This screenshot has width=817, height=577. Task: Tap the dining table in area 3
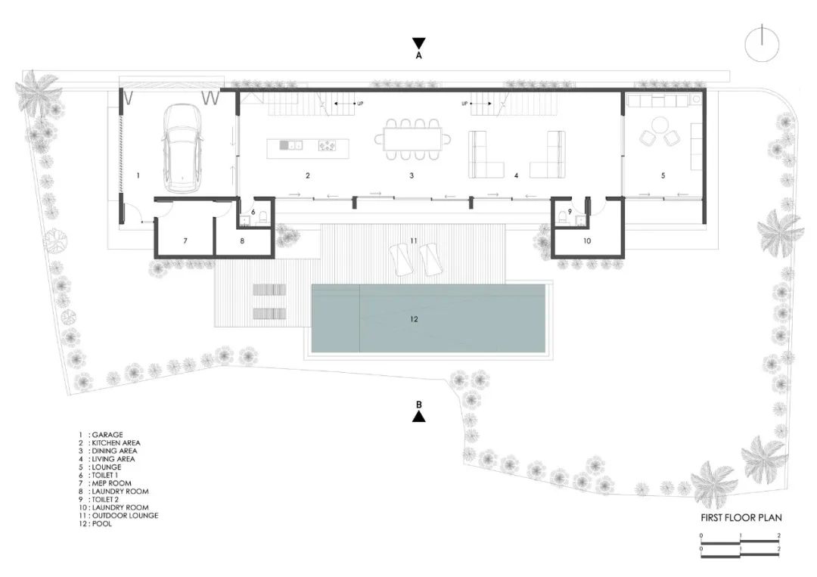tap(412, 138)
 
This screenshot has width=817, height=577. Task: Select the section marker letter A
tap(418, 55)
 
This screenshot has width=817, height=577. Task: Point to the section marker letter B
tap(418, 405)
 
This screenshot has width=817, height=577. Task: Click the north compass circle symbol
tap(762, 43)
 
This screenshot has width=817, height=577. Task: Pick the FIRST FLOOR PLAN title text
tap(741, 518)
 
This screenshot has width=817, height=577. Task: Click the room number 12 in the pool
tap(414, 319)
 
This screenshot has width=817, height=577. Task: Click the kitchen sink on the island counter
tap(285, 144)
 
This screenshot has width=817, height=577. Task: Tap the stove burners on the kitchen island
tap(328, 144)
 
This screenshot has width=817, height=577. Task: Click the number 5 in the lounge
tap(663, 175)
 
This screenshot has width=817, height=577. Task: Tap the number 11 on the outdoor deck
tap(413, 240)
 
